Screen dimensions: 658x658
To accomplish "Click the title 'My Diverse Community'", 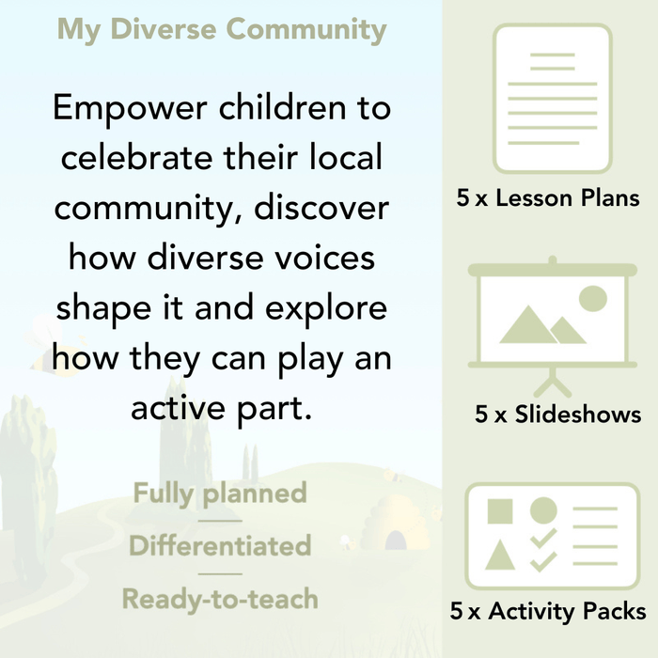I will [222, 29].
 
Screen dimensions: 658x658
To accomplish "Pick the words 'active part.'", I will [221, 409].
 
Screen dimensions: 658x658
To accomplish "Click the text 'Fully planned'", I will [220, 493].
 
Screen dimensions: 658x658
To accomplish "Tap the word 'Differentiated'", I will [220, 545].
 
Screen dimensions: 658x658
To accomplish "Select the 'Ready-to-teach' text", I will [220, 598].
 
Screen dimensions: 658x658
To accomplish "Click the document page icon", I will [552, 98].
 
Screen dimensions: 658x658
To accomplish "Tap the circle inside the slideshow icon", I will [592, 299].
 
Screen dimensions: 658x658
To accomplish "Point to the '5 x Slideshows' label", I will [558, 414].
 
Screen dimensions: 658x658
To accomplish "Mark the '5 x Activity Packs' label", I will [548, 612].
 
